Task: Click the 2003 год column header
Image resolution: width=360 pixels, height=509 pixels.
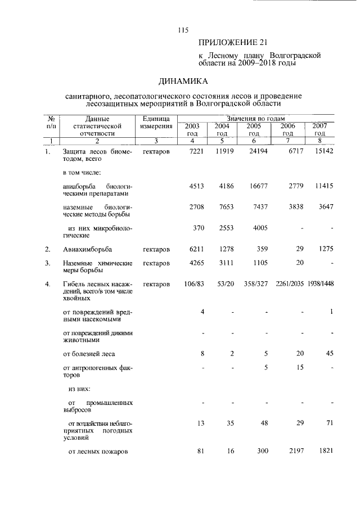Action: click(x=192, y=130)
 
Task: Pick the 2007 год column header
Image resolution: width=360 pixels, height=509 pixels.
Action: click(x=319, y=130)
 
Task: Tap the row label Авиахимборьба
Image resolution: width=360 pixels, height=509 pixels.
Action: click(x=87, y=249)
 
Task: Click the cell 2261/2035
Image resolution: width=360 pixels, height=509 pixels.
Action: click(x=289, y=284)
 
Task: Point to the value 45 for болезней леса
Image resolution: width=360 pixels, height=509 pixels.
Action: click(x=329, y=353)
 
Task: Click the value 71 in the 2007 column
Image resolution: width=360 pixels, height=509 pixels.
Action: click(x=329, y=422)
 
